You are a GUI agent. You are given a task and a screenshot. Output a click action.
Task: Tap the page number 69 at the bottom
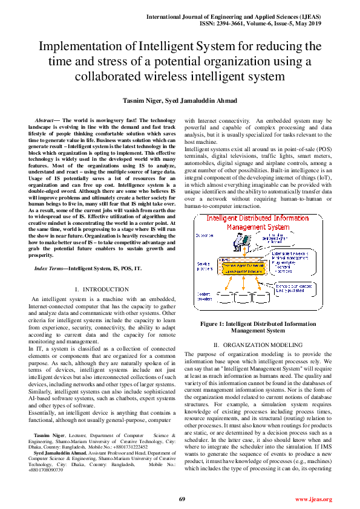(x=181, y=499)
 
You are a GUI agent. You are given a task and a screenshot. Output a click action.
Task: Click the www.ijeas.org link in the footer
(x=313, y=499)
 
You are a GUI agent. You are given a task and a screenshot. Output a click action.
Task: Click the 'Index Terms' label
(x=50, y=267)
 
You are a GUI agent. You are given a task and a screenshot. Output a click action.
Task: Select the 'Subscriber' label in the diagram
(x=206, y=235)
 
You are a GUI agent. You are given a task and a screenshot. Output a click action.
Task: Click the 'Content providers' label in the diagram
(x=206, y=297)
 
